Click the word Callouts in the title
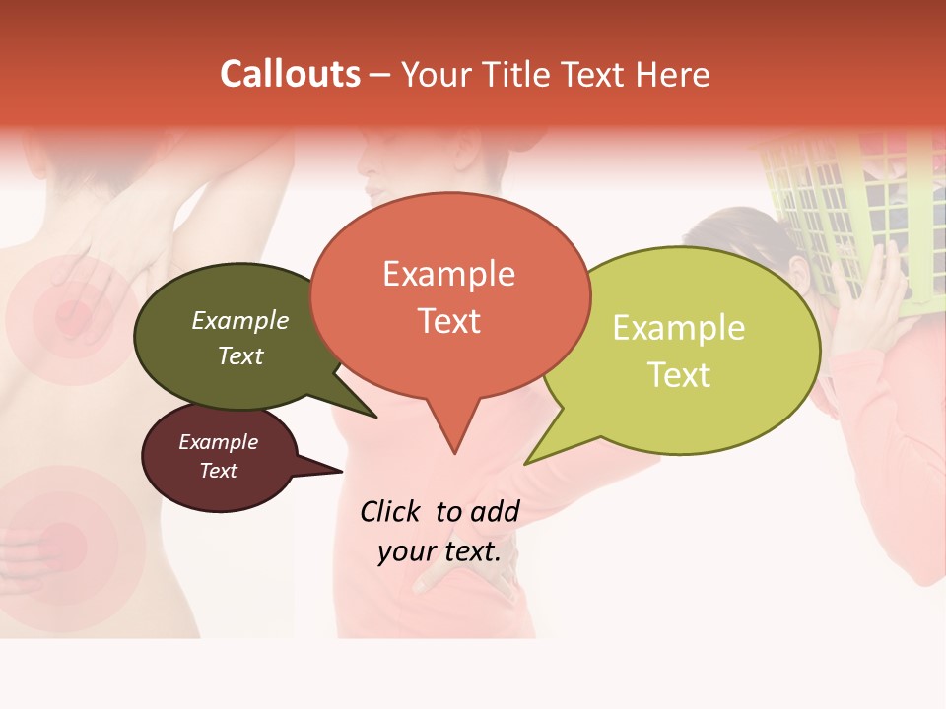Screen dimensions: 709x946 [290, 74]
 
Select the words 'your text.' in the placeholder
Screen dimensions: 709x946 [439, 551]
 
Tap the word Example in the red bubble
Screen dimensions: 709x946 [448, 274]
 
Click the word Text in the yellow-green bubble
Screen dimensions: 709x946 [679, 375]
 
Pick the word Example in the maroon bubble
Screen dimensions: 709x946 [218, 442]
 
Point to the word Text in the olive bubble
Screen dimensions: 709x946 [240, 355]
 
